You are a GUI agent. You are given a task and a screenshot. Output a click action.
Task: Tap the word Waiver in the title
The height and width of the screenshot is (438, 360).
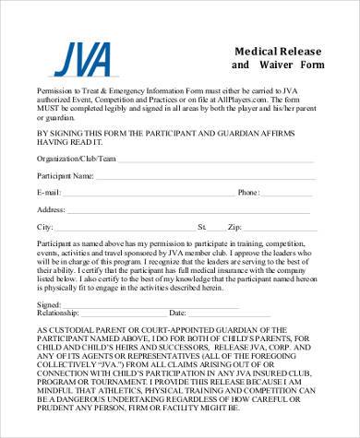(x=282, y=66)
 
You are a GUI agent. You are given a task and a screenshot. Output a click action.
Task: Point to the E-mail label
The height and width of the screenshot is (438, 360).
(x=49, y=192)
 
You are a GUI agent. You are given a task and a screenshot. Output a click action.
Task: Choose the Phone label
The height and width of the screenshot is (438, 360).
(x=249, y=192)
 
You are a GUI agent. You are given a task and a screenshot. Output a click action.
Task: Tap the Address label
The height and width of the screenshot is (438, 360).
(x=51, y=209)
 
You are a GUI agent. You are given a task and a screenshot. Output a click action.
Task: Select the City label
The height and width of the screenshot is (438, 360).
(x=44, y=226)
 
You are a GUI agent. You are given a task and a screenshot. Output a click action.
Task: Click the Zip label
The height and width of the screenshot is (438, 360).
(x=234, y=226)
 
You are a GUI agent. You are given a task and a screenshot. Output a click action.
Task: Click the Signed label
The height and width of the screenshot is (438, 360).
(x=49, y=303)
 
